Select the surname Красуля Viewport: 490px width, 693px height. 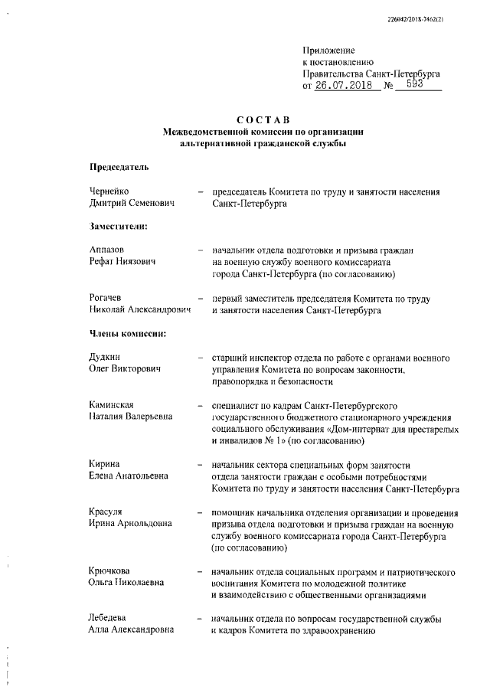[x=106, y=512]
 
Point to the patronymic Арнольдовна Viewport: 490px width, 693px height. [x=145, y=524]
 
